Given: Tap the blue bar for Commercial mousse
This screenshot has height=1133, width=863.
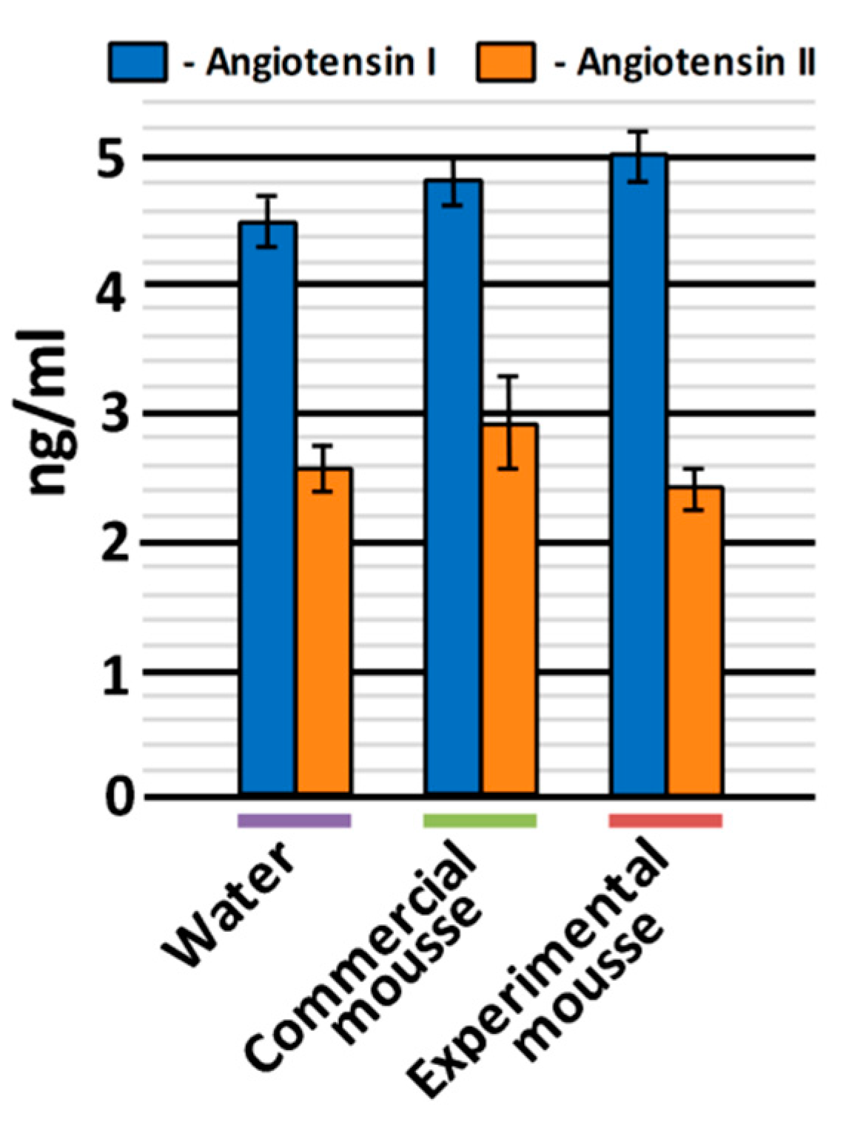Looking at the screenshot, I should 453,488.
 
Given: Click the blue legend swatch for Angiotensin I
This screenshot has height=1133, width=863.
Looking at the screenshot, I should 138,62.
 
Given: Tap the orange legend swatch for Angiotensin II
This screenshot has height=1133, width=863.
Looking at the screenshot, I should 506,62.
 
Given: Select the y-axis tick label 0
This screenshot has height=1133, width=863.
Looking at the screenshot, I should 118,799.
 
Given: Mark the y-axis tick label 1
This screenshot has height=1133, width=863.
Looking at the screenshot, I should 114,673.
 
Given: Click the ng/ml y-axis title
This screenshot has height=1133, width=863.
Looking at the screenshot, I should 49,414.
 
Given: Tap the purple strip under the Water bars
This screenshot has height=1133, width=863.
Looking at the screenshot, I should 294,820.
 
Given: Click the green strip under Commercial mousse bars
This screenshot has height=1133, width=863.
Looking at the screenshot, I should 480,820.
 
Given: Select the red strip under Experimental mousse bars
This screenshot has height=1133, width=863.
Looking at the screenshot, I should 665,820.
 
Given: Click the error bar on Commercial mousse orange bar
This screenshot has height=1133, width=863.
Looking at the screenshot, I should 508,422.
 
